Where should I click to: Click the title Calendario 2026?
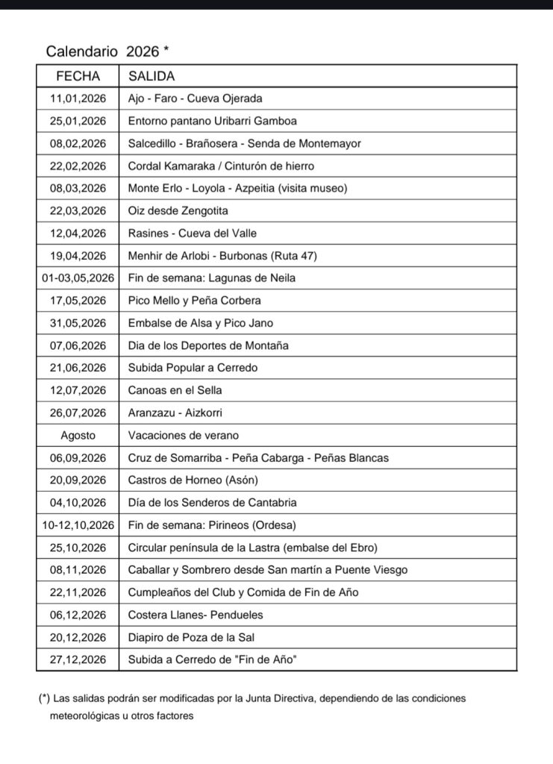pos(107,51)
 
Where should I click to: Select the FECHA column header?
pos(78,76)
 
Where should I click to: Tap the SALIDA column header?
pos(152,76)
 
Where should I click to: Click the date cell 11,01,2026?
pos(78,98)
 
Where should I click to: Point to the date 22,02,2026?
pos(78,166)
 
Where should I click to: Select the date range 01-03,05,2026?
pos(78,278)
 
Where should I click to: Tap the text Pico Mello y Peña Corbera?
pos(195,301)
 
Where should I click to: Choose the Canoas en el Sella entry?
pos(175,390)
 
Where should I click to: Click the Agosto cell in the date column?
pos(78,435)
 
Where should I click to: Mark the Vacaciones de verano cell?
pos(184,435)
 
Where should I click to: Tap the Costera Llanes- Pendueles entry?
pos(196,615)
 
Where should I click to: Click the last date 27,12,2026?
pos(78,660)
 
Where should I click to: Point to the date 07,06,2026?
pos(78,345)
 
